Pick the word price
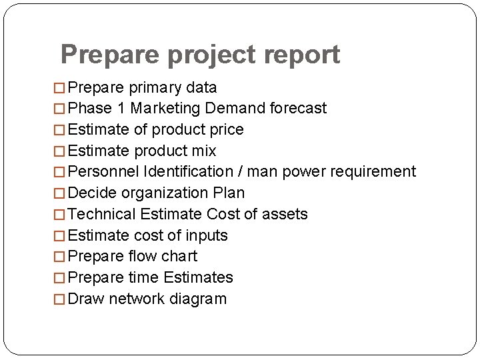click(x=227, y=129)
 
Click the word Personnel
click(x=103, y=172)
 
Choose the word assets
click(x=285, y=215)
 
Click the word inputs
click(x=207, y=236)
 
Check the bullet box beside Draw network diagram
click(x=60, y=299)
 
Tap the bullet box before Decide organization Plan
click(x=60, y=193)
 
